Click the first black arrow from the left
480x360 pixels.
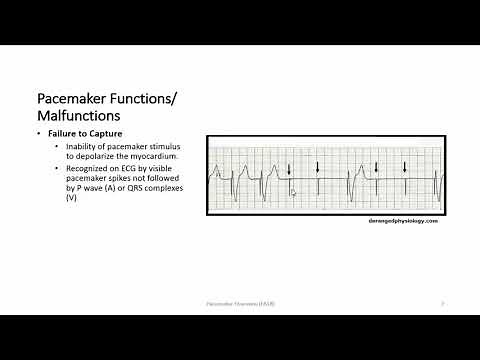pyautogui.click(x=289, y=168)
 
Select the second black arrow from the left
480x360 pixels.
pyautogui.click(x=318, y=165)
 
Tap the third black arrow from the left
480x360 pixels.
pyautogui.click(x=376, y=168)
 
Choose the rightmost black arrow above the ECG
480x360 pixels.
pyautogui.click(x=404, y=168)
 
